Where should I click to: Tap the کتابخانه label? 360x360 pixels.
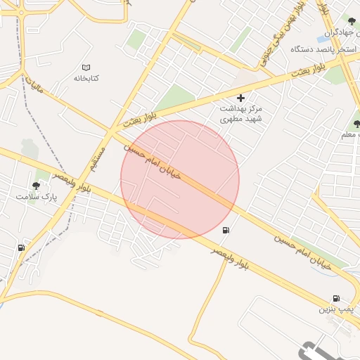[x=86, y=77]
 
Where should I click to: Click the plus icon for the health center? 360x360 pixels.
[x=241, y=98]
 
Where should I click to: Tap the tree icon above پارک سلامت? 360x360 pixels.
[x=36, y=186]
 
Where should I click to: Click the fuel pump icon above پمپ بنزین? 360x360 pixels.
[x=336, y=298]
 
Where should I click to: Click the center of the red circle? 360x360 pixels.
[x=180, y=179]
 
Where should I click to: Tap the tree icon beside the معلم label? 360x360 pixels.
[x=356, y=124]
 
